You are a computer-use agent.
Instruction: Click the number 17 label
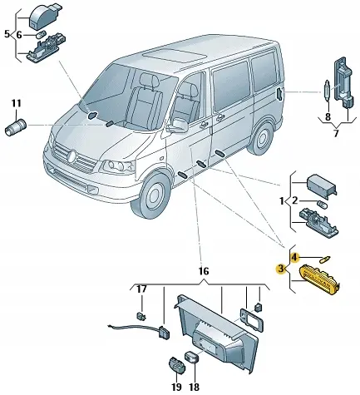pos(141,289)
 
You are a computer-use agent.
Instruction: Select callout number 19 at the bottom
pos(175,388)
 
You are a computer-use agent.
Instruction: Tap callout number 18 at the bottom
pos(194,388)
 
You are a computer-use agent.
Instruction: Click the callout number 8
pos(328,117)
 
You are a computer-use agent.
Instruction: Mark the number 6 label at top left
pos(22,34)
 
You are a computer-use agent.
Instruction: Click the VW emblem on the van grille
pos(72,155)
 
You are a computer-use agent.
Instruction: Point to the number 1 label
pos(280,201)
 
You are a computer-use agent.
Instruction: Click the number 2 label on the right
pos(295,201)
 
